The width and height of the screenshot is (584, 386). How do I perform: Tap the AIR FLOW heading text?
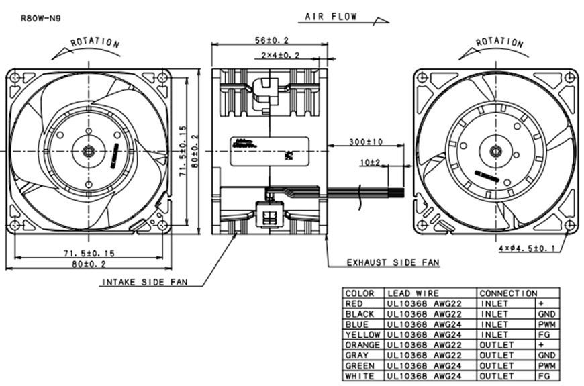pos(331,17)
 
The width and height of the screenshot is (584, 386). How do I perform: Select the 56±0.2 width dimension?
pos(271,40)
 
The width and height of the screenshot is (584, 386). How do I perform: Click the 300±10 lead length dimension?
pos(365,142)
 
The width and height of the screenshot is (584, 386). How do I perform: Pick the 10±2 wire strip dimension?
pos(369,162)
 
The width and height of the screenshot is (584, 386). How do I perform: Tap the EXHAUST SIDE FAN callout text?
pos(393,262)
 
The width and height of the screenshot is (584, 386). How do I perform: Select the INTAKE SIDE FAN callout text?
pos(144,283)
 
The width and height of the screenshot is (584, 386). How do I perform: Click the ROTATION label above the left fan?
pos(95,42)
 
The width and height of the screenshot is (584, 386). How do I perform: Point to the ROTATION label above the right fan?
pos(499,42)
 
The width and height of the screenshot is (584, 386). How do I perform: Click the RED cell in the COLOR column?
pos(353,303)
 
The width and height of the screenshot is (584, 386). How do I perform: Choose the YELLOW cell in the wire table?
pos(362,334)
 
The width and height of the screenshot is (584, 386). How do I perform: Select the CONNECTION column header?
pos(508,293)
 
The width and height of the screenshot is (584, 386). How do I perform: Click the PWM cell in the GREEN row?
pos(546,365)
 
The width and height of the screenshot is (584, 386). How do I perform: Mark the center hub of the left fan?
pos(88,150)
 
